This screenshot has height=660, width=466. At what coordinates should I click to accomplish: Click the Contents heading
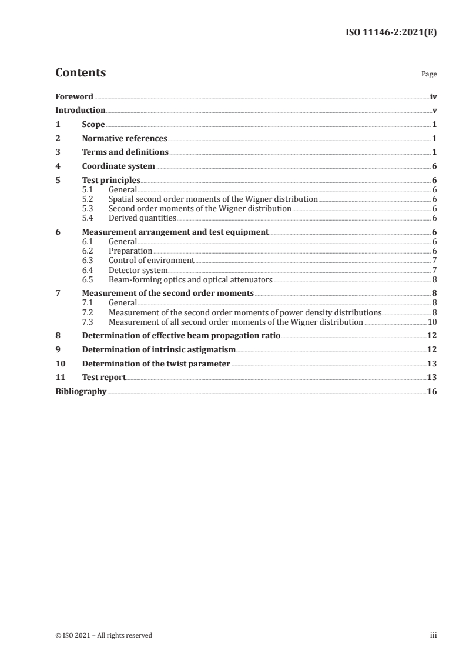coord(81,73)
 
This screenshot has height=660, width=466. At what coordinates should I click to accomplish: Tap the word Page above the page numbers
coord(429,75)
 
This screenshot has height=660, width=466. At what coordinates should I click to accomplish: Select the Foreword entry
coord(74,96)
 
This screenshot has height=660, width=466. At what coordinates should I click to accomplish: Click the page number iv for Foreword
coord(433,96)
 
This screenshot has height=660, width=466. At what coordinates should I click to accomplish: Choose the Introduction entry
coord(80,110)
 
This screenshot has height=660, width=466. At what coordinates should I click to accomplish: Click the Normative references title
coord(125,139)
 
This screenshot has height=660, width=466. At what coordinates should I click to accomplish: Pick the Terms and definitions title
coord(125,152)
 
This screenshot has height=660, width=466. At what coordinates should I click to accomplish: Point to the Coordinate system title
coord(119,166)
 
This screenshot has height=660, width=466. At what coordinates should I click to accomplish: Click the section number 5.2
coord(88,199)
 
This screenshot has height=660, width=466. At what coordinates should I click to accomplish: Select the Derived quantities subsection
coord(142,218)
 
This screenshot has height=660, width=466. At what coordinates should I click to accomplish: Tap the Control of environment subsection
coord(151,260)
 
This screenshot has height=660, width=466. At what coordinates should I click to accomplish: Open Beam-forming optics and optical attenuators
coord(190,279)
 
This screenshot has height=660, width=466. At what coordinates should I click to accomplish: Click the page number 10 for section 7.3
coord(431,322)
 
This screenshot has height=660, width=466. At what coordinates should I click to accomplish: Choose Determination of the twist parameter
coord(156,364)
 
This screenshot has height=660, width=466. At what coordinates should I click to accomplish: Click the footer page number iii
coord(433,635)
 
